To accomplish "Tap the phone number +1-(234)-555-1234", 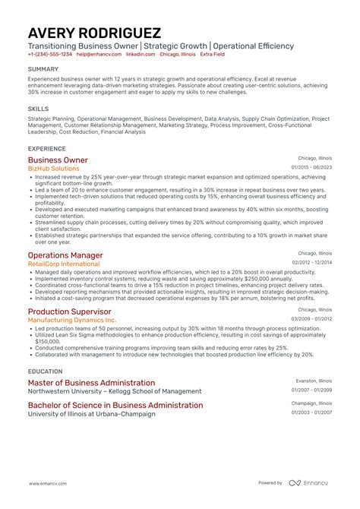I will tap(49, 55).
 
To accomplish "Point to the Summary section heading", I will tap(43, 68).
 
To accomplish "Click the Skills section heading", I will tap(37, 108).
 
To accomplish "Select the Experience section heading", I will tap(46, 148).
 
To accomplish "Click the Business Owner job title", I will tap(58, 160).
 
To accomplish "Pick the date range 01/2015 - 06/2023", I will tap(311, 167).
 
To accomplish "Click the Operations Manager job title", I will tap(65, 255).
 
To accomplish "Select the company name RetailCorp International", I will tap(64, 264).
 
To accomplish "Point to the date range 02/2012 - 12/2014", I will tap(311, 262).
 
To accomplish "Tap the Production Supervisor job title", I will tap(70, 311).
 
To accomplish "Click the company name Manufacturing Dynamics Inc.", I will tap(72, 320).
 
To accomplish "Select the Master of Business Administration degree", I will tap(91, 383).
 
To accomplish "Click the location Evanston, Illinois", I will tap(314, 380).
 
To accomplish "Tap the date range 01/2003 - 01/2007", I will tap(311, 413).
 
